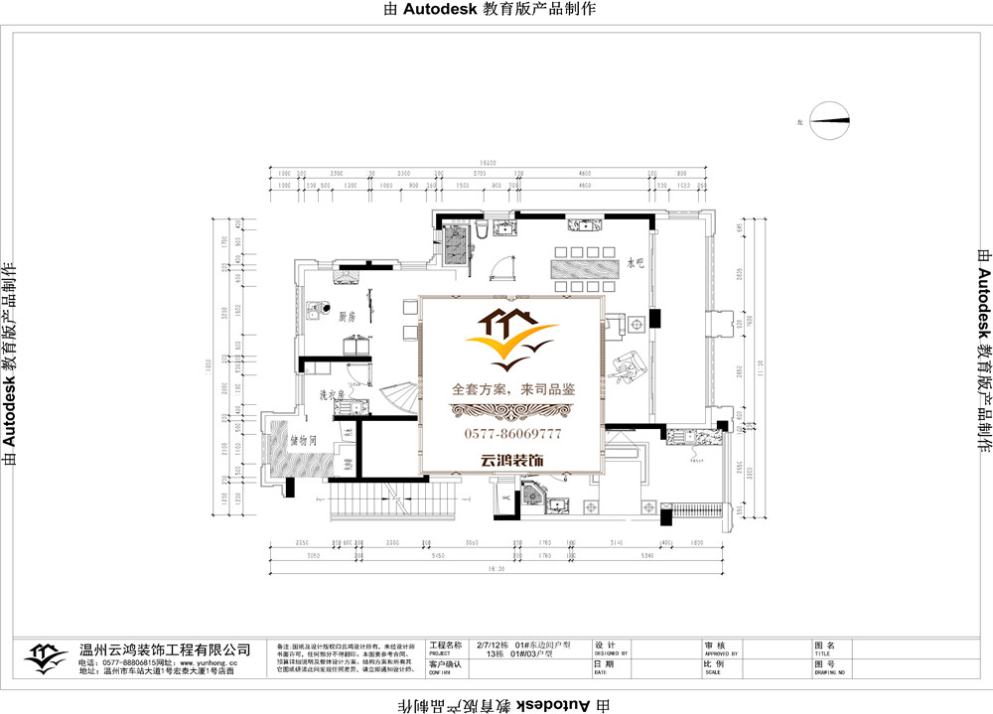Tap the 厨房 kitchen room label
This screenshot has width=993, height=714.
tap(347, 317)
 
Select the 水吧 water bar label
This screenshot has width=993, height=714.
tap(636, 264)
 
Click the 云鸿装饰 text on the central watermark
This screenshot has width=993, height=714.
tap(512, 461)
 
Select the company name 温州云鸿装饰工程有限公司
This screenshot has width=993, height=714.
tap(165, 648)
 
